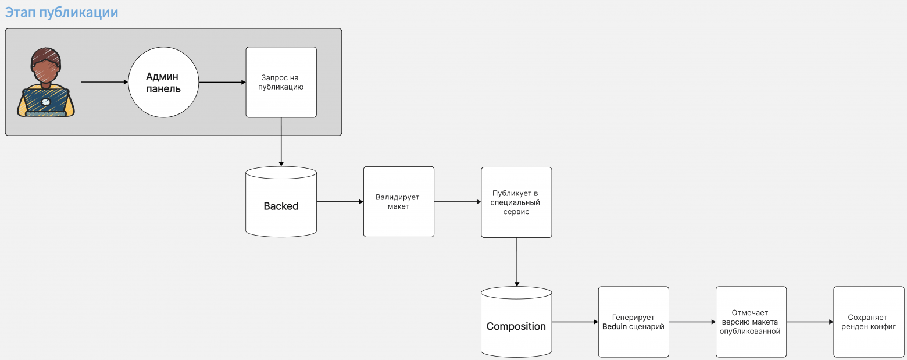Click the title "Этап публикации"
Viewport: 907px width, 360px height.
(62, 13)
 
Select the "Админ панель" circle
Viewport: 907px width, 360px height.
(163, 82)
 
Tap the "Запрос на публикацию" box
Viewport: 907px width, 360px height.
(281, 82)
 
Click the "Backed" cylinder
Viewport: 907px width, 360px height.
(281, 202)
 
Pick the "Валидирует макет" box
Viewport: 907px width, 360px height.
(399, 202)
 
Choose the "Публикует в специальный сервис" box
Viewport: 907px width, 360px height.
(516, 202)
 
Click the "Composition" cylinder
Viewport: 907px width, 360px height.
(516, 322)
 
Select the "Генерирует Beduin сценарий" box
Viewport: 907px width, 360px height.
(634, 322)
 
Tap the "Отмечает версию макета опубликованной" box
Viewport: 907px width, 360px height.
(751, 322)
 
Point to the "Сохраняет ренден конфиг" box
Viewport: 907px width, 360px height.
(869, 322)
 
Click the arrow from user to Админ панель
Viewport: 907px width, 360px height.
(105, 82)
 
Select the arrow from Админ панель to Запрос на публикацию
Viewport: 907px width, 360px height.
(222, 82)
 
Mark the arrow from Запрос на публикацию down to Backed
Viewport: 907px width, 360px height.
(281, 142)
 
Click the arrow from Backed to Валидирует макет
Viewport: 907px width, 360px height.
(340, 202)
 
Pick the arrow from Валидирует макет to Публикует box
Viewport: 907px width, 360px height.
(458, 202)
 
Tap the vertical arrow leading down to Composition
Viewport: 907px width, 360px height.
(517, 262)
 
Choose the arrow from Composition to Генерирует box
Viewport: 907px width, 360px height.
(575, 322)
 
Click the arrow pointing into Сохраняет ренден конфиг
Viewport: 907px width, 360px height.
(810, 322)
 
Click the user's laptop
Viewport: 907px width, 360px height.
(46, 102)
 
